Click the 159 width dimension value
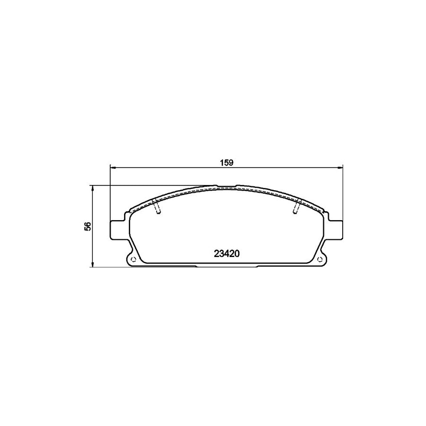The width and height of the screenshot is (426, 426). pos(227,163)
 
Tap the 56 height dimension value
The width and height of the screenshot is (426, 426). pos(88,226)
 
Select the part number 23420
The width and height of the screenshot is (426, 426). pos(227,254)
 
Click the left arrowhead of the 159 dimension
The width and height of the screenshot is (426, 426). pos(113,168)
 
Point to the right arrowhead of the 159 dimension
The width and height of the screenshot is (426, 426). pos(340,168)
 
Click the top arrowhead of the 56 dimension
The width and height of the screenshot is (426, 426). pos(93,188)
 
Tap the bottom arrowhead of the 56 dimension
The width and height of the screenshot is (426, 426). pos(93,264)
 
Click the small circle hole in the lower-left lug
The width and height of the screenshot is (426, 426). pos(133,258)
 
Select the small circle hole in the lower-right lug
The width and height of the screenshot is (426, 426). pos(320,258)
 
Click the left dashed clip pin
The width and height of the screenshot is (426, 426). pos(156,206)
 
